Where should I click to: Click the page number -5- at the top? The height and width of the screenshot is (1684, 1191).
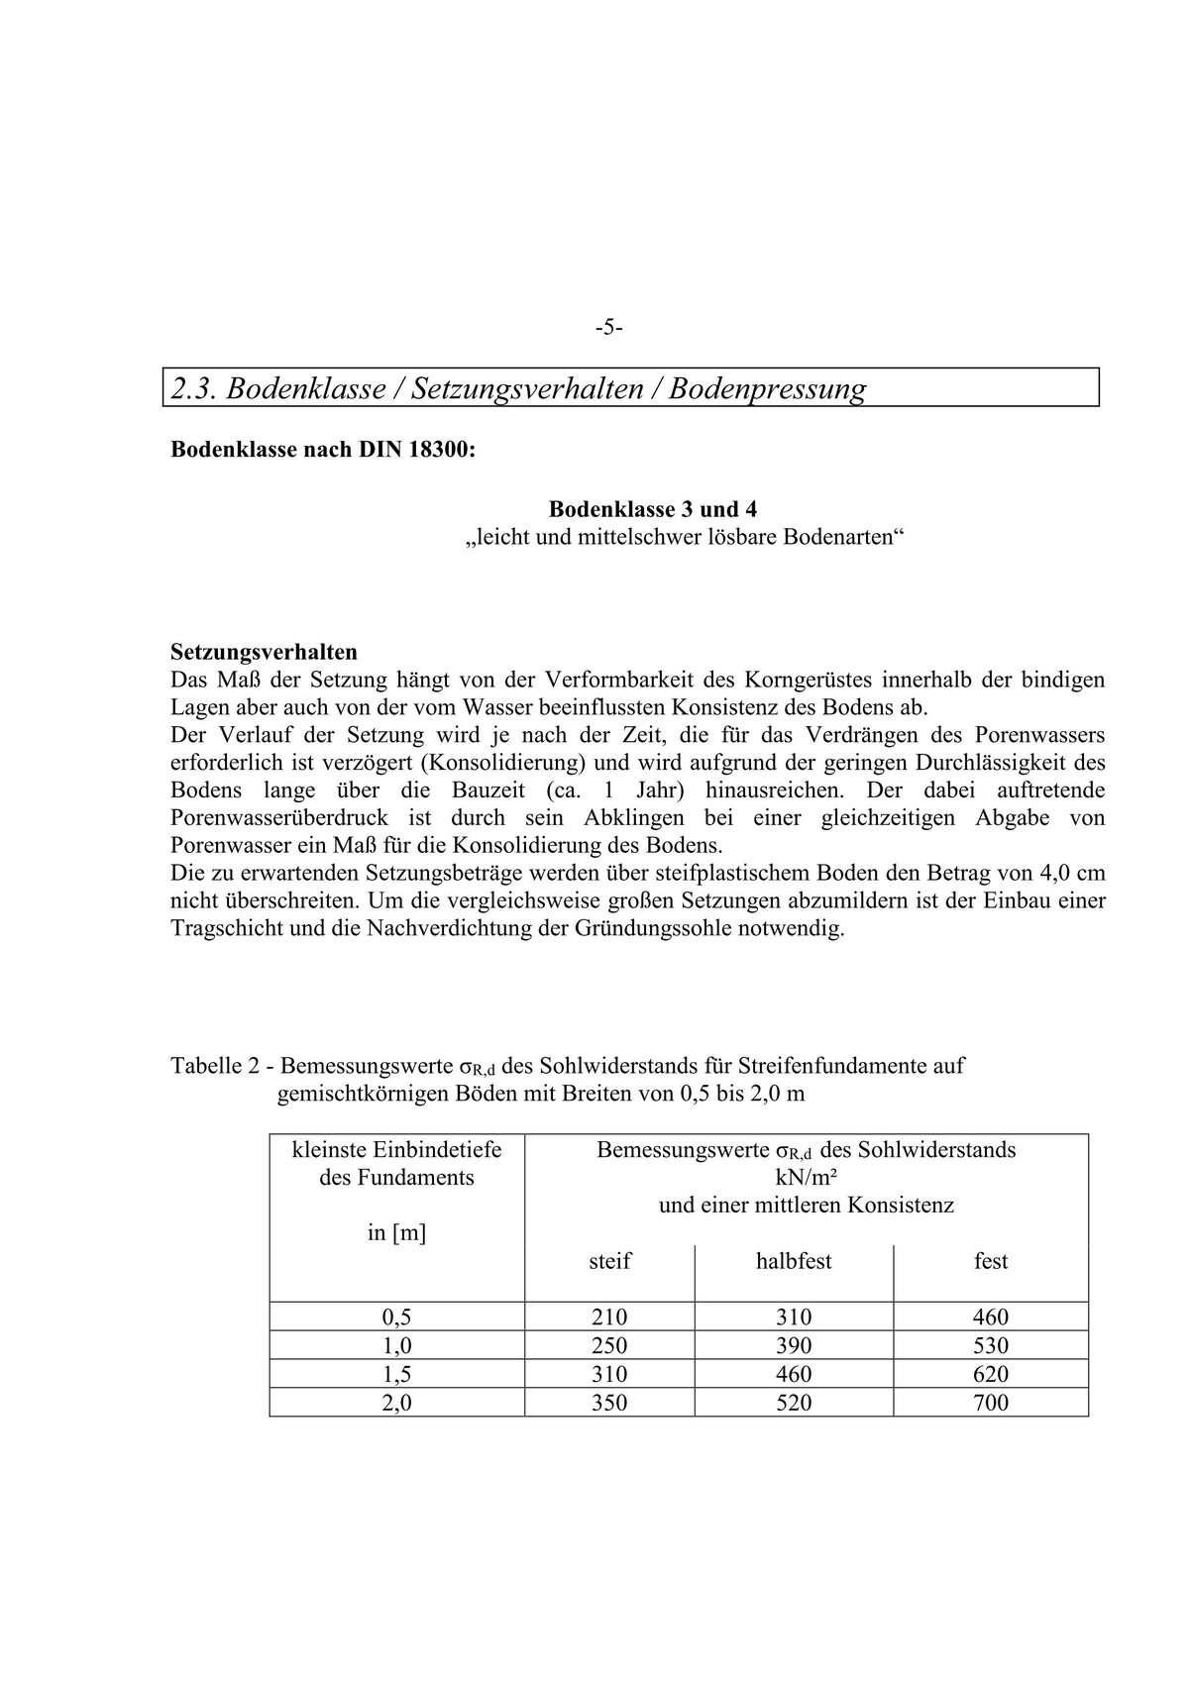608,328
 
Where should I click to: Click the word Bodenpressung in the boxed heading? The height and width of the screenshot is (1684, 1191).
767,388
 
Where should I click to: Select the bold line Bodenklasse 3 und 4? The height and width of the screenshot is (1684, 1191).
652,509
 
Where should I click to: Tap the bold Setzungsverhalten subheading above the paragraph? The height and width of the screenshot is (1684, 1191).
264,652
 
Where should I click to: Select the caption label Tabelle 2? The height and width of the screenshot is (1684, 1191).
217,1066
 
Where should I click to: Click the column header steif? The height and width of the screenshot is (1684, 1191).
609,1261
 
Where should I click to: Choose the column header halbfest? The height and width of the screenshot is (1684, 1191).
794,1261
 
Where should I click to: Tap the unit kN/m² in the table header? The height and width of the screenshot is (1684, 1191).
806,1178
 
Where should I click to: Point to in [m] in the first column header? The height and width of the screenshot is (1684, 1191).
396,1233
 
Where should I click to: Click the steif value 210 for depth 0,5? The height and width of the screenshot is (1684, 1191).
609,1317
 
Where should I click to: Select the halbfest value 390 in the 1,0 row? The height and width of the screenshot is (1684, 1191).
794,1345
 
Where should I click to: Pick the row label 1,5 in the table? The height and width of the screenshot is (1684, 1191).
396,1374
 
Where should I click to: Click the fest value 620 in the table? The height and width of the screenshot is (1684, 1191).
991,1374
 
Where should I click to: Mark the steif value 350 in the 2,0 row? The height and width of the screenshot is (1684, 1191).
609,1403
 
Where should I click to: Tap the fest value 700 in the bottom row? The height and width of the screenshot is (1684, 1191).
991,1403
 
